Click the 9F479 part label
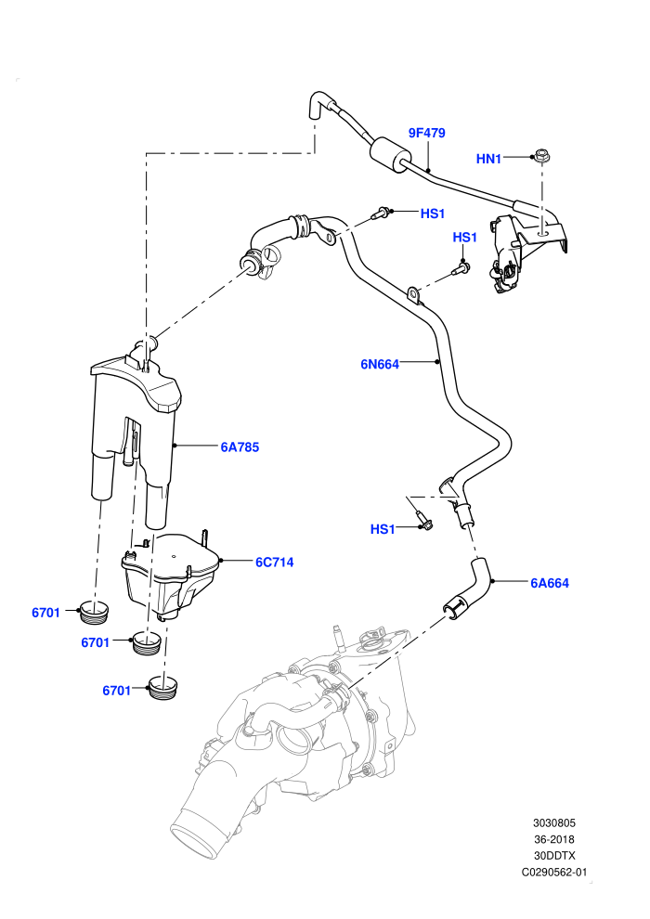tap(427, 133)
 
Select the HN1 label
tap(488, 159)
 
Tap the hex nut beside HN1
tap(542, 157)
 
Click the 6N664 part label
tap(380, 365)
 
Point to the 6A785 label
tap(240, 447)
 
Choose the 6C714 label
tap(274, 562)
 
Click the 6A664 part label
tap(550, 583)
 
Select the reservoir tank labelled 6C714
tap(169, 575)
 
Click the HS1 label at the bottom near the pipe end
tap(383, 529)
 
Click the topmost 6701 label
tap(45, 613)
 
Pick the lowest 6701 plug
tap(164, 688)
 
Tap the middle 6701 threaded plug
tap(147, 643)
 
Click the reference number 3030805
tap(553, 822)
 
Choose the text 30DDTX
tap(553, 856)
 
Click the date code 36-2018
tap(553, 839)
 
